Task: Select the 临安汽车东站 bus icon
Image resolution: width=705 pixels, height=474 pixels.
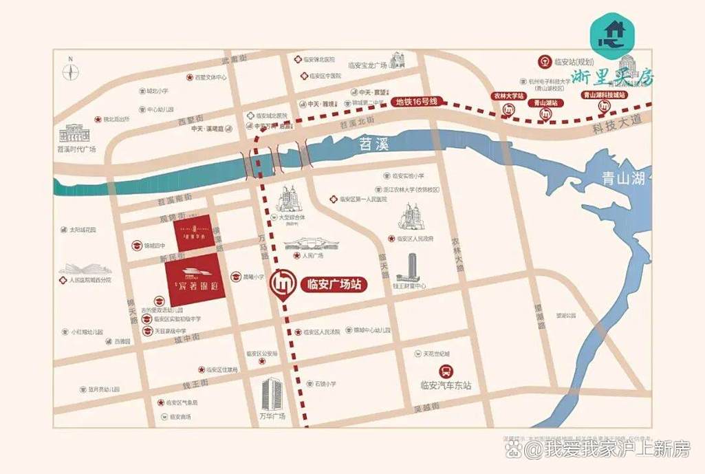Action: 448,371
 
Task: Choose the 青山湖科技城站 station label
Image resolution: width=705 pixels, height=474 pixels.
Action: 604,95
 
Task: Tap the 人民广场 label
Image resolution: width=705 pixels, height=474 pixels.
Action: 312,255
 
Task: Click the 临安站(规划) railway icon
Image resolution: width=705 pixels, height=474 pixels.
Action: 543,61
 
